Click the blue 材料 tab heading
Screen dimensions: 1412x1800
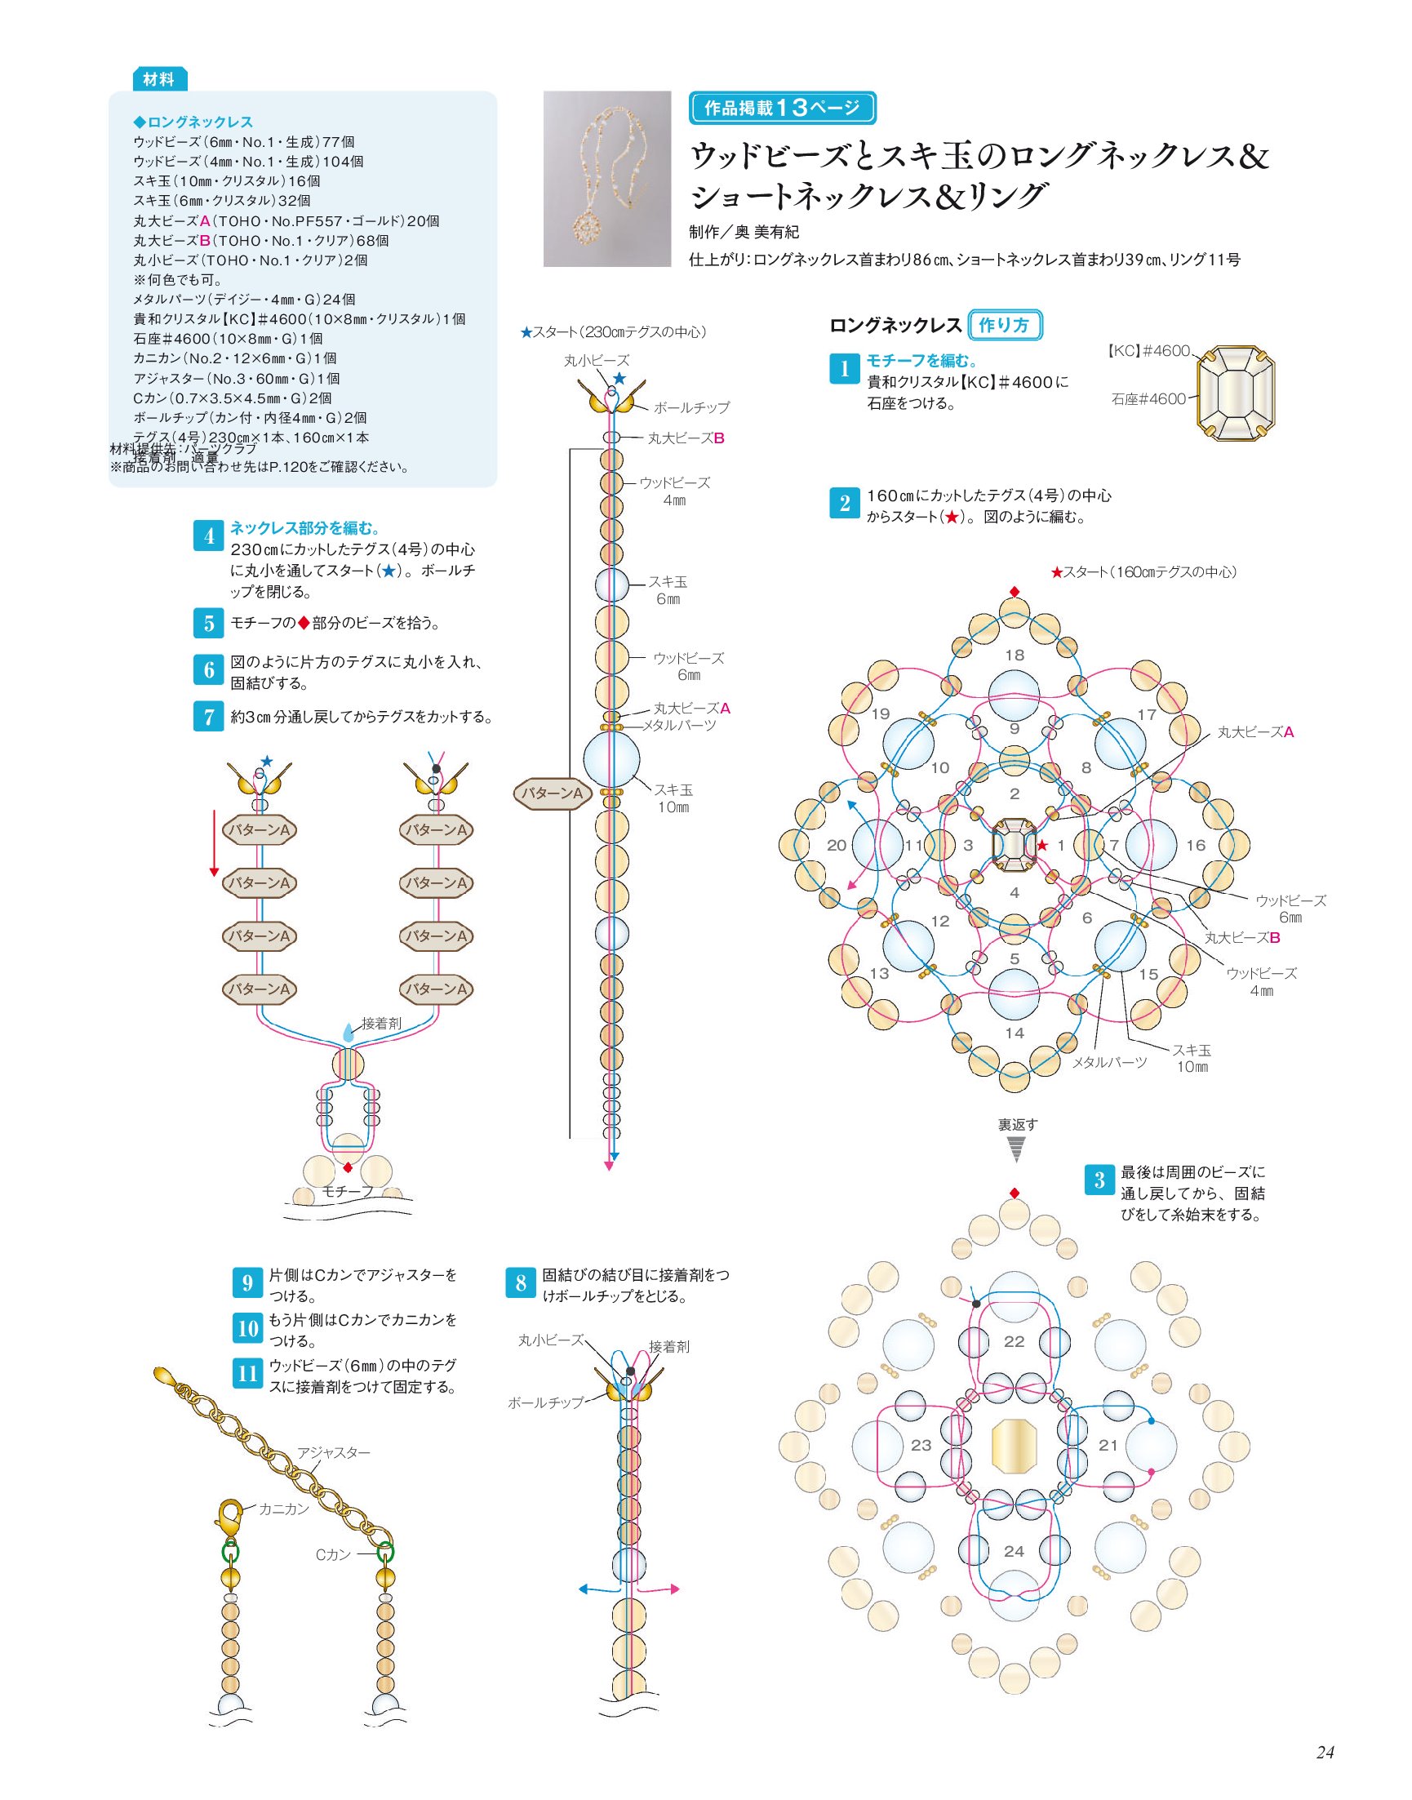point(159,79)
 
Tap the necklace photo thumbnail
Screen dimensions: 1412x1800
point(606,179)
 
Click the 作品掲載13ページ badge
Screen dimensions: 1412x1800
point(782,108)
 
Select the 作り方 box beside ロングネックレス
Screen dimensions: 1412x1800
point(1005,325)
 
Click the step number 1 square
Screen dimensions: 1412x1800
point(844,369)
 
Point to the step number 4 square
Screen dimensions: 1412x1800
point(208,536)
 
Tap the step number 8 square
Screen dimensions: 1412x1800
point(521,1282)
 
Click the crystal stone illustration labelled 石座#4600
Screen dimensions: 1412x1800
point(1236,393)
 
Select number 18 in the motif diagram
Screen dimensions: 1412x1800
point(1015,655)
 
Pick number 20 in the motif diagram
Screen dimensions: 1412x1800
point(837,845)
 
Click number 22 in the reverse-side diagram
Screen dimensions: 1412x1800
point(1015,1341)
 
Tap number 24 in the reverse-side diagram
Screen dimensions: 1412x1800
point(1015,1551)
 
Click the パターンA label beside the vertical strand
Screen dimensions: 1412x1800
point(552,793)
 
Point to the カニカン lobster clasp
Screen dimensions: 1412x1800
point(229,1517)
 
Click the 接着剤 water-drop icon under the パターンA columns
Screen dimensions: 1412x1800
point(348,1033)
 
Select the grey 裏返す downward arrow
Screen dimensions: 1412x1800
point(1016,1149)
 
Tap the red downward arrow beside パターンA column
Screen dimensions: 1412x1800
point(214,842)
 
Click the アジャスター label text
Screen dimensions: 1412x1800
point(334,1453)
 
